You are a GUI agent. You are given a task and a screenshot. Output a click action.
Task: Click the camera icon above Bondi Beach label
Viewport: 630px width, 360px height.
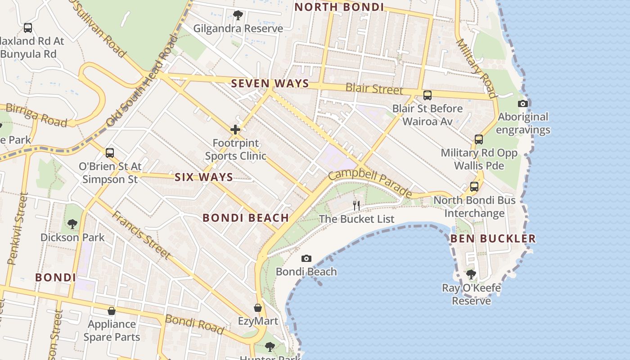[x=306, y=258]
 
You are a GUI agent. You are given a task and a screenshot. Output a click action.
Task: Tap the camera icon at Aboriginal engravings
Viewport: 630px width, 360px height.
[x=523, y=104]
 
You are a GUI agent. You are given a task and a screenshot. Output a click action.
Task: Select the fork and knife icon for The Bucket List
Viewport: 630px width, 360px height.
[x=356, y=206]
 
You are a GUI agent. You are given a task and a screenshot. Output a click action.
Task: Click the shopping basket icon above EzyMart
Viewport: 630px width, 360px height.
[x=258, y=308]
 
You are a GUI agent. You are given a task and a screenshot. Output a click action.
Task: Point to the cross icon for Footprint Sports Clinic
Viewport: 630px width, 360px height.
[x=235, y=130]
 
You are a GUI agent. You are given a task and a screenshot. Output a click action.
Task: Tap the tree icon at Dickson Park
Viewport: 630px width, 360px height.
[x=72, y=224]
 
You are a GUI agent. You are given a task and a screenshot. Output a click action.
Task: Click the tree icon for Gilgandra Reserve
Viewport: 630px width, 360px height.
[x=238, y=15]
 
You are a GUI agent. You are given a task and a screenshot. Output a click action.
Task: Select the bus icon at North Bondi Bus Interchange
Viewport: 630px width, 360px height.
[x=474, y=186]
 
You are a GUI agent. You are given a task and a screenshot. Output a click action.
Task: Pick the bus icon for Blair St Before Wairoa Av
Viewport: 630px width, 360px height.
[x=427, y=95]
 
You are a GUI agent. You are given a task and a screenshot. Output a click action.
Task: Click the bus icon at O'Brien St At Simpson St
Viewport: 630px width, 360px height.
[x=110, y=153]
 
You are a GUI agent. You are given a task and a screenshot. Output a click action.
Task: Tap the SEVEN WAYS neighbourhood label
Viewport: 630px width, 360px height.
[x=270, y=83]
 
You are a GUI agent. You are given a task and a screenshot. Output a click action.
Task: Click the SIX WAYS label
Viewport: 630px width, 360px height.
[x=204, y=177]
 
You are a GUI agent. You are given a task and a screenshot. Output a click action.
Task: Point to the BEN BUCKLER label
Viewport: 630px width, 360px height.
[x=493, y=238]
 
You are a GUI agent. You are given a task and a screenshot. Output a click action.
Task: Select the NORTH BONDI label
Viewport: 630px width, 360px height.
[x=339, y=7]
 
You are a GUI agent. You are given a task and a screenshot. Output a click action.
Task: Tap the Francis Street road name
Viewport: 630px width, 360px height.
[x=141, y=235]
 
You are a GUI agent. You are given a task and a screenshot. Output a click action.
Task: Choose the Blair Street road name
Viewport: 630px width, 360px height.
[x=374, y=88]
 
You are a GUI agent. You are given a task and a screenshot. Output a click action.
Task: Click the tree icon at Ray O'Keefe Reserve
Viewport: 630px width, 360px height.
[x=471, y=274]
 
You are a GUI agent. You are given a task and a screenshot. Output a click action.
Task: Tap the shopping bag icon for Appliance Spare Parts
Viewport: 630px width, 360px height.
[x=112, y=311]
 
